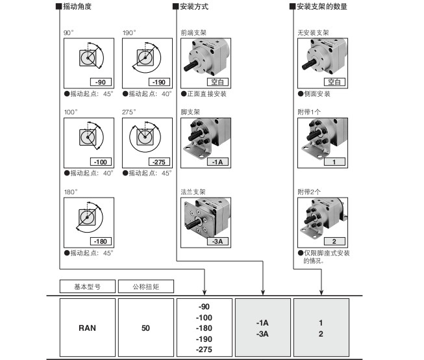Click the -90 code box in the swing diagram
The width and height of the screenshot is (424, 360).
[101, 82]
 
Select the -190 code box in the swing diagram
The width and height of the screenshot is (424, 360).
[159, 82]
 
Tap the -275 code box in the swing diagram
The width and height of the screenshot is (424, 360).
[159, 162]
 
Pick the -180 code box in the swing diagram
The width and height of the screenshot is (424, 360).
[101, 242]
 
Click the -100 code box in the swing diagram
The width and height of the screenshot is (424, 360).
[101, 162]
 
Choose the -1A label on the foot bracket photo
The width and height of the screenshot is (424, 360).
[218, 162]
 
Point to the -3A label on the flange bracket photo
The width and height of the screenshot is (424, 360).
[218, 242]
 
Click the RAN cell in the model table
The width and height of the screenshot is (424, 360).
[88, 328]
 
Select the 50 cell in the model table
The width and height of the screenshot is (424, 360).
[145, 328]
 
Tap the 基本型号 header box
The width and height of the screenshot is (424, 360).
[88, 287]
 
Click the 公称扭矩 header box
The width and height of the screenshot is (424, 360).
[145, 287]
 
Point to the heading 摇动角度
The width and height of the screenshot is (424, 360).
[77, 6]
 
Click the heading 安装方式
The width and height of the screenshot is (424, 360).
[194, 6]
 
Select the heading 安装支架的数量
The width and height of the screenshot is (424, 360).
[322, 6]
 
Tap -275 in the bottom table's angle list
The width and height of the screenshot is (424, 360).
[204, 350]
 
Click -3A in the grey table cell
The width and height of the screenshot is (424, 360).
[262, 334]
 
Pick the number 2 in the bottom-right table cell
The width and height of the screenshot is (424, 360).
[321, 334]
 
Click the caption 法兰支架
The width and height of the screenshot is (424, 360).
[193, 192]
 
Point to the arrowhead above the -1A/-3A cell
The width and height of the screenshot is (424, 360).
[263, 292]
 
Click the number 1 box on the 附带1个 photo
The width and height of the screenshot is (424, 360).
[334, 162]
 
